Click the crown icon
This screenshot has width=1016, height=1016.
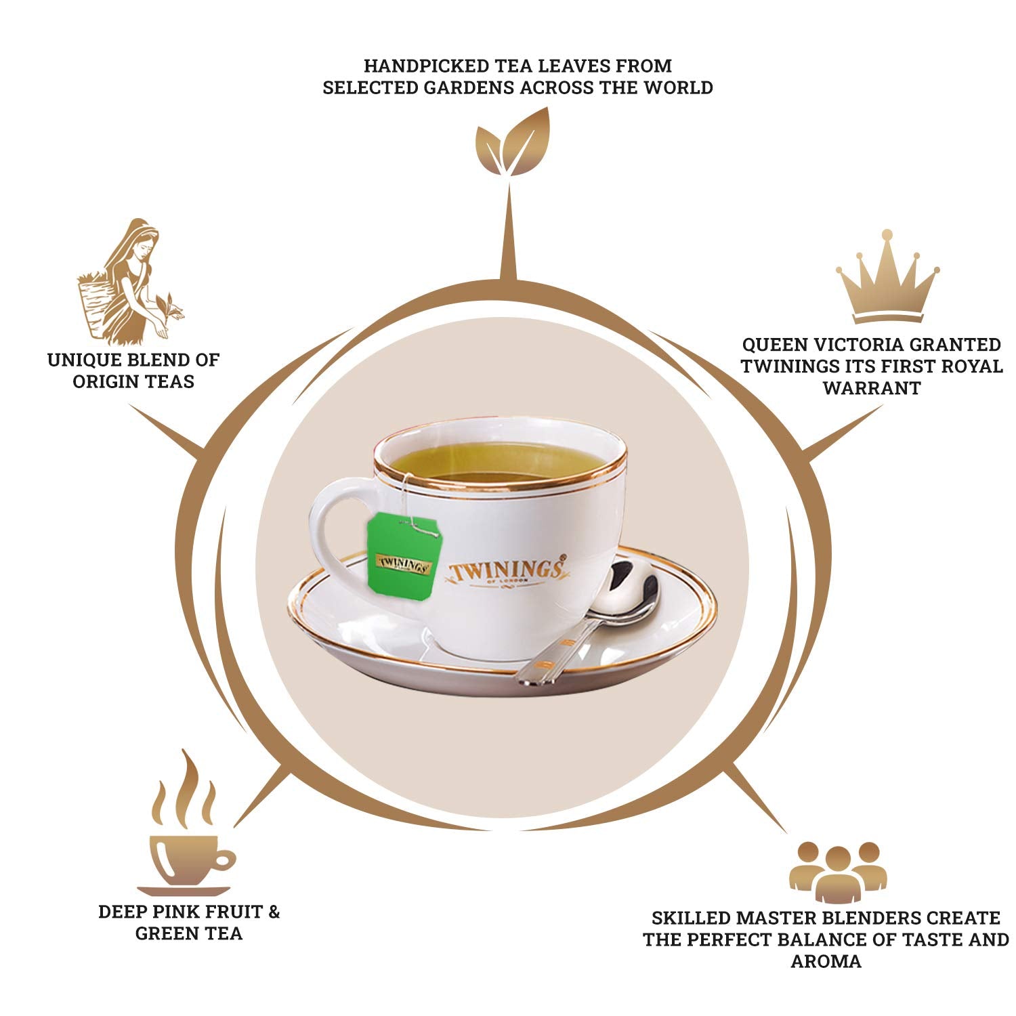coord(887,278)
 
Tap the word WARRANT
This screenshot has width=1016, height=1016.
coord(872,388)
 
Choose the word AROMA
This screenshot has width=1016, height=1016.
coord(826,961)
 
